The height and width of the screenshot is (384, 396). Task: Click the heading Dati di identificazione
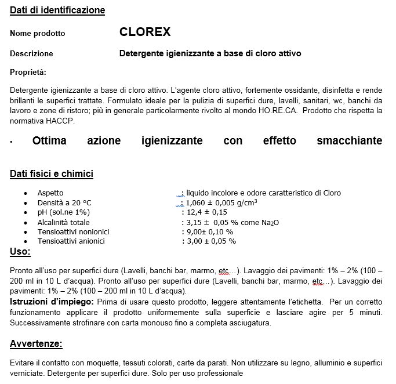[x=57, y=10]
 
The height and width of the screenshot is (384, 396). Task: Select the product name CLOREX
[x=144, y=32]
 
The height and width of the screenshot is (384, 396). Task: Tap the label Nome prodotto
[x=38, y=34]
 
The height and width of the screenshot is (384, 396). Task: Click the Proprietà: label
[x=28, y=73]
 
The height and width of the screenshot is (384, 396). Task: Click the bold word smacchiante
[x=350, y=141]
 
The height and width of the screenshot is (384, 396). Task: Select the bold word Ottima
[x=49, y=141]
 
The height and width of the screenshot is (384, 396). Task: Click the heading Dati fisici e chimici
[x=52, y=174]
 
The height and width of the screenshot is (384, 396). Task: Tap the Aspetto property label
[x=50, y=193]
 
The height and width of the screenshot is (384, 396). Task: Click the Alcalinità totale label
[x=64, y=222]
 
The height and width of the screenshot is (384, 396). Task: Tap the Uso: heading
[x=20, y=252]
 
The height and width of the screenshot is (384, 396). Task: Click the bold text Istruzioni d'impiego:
[x=52, y=302]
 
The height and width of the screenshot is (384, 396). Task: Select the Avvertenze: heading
[x=36, y=344]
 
